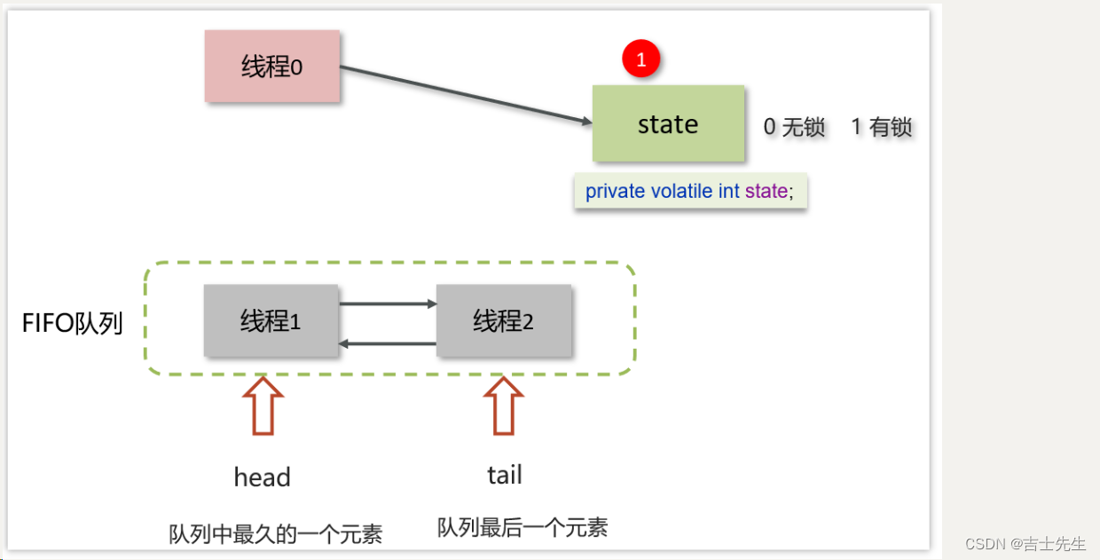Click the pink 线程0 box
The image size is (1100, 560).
pyautogui.click(x=271, y=67)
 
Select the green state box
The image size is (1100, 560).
pyautogui.click(x=668, y=124)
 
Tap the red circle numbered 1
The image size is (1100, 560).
pyautogui.click(x=641, y=59)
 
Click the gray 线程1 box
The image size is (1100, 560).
pyautogui.click(x=271, y=320)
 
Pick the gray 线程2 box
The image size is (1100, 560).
pyautogui.click(x=503, y=320)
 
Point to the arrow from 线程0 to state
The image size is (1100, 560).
pyautogui.click(x=466, y=95)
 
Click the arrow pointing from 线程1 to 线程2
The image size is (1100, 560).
pyautogui.click(x=388, y=304)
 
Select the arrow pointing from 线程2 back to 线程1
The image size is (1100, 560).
pyautogui.click(x=388, y=343)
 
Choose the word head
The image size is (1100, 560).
pyautogui.click(x=263, y=477)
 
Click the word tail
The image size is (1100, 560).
pyautogui.click(x=505, y=475)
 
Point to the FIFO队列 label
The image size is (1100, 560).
pyautogui.click(x=72, y=323)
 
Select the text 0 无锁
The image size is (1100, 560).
pyautogui.click(x=794, y=127)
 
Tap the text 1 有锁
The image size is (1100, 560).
pyautogui.click(x=881, y=127)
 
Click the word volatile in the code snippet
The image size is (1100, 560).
pyautogui.click(x=682, y=192)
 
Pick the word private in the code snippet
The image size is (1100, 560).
pyautogui.click(x=615, y=192)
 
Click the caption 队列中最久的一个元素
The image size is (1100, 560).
pyautogui.click(x=276, y=534)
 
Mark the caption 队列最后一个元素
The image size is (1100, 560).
pyautogui.click(x=522, y=527)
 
